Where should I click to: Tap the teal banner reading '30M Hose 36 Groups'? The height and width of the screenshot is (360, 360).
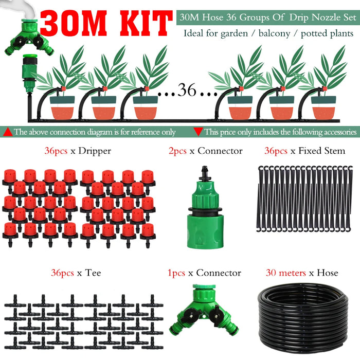[x=266, y=17]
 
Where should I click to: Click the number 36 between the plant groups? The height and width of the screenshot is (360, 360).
[x=187, y=91]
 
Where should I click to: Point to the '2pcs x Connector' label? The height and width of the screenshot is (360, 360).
[x=206, y=151]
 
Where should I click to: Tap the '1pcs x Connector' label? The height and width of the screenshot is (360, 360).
[x=204, y=273]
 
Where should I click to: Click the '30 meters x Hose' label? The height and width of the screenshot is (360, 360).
[x=302, y=273]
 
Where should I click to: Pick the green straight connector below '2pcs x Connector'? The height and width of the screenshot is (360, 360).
[x=205, y=206]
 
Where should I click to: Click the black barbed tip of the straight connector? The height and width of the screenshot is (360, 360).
[x=205, y=170]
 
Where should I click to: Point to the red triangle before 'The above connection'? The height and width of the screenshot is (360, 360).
[x=8, y=132]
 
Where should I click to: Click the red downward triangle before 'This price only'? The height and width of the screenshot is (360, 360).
[x=198, y=132]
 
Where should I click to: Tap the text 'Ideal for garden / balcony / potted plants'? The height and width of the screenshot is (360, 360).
[x=269, y=34]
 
